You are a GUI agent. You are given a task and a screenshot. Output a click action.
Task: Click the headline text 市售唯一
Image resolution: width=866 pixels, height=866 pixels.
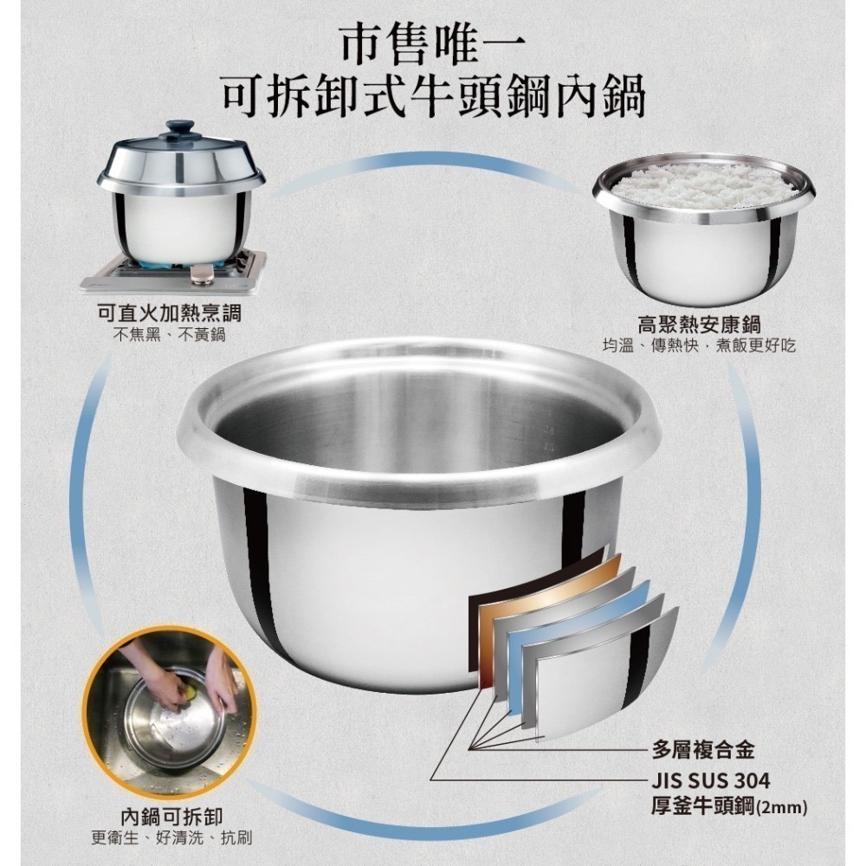coord(432,45)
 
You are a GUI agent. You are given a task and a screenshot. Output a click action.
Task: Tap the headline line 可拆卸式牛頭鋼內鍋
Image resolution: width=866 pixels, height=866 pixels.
coord(434,99)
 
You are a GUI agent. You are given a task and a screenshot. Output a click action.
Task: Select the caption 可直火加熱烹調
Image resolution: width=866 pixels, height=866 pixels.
coord(169,313)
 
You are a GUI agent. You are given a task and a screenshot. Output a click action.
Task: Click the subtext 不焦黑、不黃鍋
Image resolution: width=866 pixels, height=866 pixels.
coord(169,334)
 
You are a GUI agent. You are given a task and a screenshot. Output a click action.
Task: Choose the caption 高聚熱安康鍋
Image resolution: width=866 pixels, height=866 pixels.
coord(699,325)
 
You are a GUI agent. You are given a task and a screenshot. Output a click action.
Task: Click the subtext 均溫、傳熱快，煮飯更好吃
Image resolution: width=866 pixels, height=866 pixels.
coord(699,346)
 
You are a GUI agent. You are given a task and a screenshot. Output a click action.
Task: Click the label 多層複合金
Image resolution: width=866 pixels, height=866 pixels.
coord(703,750)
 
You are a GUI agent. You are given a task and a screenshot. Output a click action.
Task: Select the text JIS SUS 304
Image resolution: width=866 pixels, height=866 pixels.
coord(711,780)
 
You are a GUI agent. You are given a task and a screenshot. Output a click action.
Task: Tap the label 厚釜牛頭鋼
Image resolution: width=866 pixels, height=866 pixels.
coord(702,807)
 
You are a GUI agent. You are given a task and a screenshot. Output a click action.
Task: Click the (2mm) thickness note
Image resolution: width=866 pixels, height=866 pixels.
coord(781,809)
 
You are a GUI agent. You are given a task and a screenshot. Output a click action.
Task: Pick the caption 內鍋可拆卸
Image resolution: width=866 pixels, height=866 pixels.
coord(171,817)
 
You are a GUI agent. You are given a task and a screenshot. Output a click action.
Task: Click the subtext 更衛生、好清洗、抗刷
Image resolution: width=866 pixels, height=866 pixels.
coord(171,837)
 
